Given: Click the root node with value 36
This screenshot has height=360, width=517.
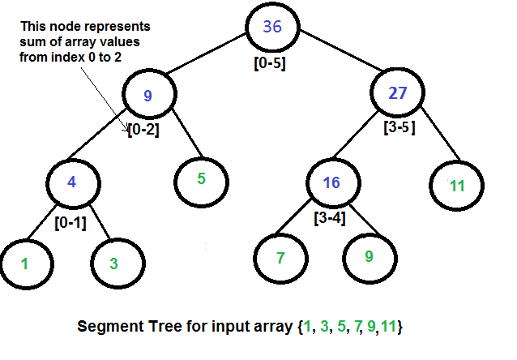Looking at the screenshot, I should coord(272,27).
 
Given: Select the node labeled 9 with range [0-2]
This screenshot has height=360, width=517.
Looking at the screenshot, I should coord(147,95).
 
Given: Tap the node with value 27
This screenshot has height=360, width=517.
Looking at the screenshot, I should coord(397,92).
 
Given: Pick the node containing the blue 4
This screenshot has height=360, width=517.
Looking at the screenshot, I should coord(71,182).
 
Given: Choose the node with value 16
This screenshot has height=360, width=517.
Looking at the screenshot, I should coord(331,182).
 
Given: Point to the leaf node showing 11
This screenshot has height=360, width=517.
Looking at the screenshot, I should coord(457,185).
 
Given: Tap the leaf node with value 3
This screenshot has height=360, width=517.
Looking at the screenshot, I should coord(115,263).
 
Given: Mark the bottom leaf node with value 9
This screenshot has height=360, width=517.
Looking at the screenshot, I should coord(369,257).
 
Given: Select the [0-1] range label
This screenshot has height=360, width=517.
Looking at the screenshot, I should coord(71,220).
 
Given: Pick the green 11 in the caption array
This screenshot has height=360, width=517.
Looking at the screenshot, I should coord(392,328).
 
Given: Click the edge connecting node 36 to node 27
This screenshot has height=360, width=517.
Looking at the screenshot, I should coord(334,55).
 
